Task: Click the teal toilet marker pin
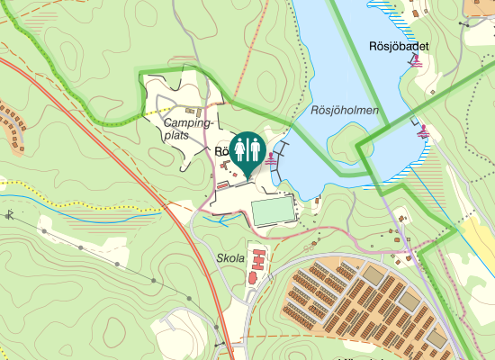(x=247, y=152)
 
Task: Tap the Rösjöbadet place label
(x=398, y=46)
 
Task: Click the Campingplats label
(x=188, y=129)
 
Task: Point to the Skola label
(x=230, y=258)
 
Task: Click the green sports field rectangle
(x=273, y=211)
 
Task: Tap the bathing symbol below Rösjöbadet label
(x=415, y=61)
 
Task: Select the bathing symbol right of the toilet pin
(x=273, y=156)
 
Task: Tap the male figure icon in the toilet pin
(x=240, y=148)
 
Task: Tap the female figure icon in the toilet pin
(x=255, y=148)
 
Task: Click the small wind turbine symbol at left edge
(x=9, y=214)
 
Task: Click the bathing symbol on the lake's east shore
(x=422, y=133)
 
